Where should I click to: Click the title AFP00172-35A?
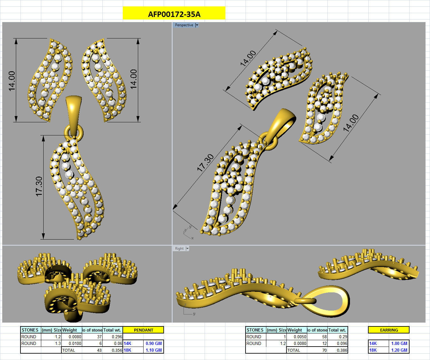(x=174, y=14)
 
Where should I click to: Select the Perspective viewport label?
(x=184, y=25)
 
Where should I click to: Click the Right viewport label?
(x=179, y=248)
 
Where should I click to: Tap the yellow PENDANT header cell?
(x=143, y=330)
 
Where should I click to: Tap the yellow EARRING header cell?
(x=389, y=330)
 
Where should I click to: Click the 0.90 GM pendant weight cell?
(x=153, y=343)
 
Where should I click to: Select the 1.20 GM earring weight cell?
(x=399, y=350)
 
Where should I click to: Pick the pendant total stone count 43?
(x=99, y=350)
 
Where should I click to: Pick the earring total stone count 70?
(x=324, y=350)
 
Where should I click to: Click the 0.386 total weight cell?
(x=342, y=350)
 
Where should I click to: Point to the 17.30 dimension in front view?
(x=39, y=186)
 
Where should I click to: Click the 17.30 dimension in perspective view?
(x=205, y=163)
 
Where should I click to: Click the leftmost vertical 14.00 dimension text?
(x=12, y=81)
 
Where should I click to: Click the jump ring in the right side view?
(x=305, y=301)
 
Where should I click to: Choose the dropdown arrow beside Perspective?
(x=197, y=25)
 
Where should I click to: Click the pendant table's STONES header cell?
(x=30, y=330)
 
